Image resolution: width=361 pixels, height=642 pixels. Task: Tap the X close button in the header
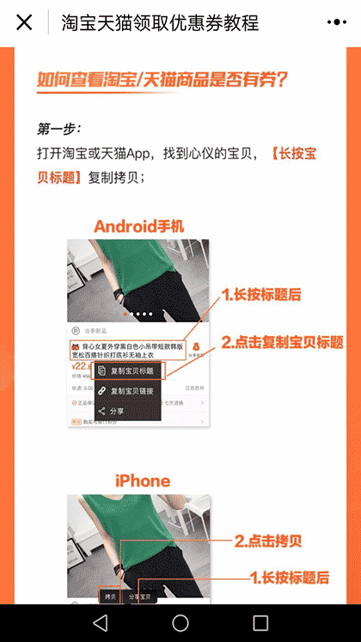coord(24,22)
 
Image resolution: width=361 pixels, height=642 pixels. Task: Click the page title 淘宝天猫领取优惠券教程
coord(160,23)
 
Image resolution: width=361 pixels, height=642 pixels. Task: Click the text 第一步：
coord(59,129)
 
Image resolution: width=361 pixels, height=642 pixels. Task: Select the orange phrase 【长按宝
coord(293,154)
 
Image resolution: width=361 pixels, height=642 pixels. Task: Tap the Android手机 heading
coord(139,226)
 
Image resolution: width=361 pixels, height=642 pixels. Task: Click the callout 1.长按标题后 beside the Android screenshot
coord(261,295)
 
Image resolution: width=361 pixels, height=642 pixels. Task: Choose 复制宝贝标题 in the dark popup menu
coord(132,371)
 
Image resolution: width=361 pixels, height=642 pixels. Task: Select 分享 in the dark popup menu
coord(118,411)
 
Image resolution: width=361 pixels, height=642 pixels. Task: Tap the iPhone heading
coord(143,480)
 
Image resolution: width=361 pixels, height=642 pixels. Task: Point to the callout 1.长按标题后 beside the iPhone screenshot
coord(290,577)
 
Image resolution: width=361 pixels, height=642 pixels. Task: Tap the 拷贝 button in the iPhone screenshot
coord(109,596)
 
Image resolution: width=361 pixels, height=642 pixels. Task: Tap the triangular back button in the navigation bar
coord(101,622)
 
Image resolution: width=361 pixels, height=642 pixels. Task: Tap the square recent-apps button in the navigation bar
coord(260,622)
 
